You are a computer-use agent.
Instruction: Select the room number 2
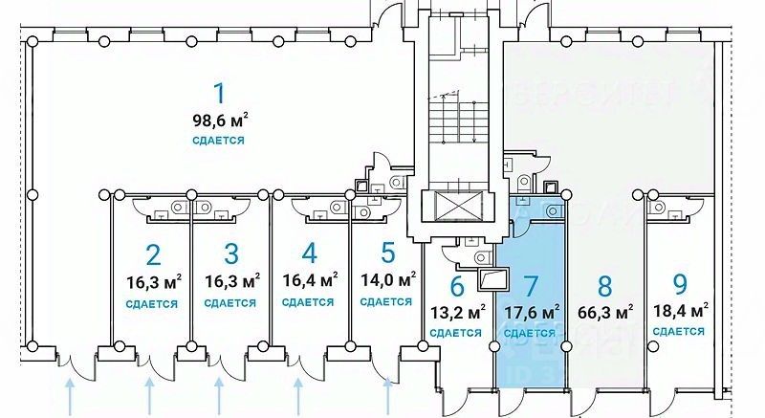pos(152,254)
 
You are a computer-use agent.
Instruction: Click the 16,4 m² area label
pos(308,281)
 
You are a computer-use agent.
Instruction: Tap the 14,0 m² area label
pos(387,281)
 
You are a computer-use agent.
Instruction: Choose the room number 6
pos(456,285)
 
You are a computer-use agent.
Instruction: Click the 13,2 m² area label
pos(456,311)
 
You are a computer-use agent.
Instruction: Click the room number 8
pos(604,285)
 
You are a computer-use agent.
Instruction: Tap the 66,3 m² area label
pos(605,311)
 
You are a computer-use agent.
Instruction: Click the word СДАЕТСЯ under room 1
pos(218,141)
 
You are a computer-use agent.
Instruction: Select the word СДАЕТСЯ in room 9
pos(679,331)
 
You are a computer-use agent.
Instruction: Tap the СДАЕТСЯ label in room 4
pos(308,302)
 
